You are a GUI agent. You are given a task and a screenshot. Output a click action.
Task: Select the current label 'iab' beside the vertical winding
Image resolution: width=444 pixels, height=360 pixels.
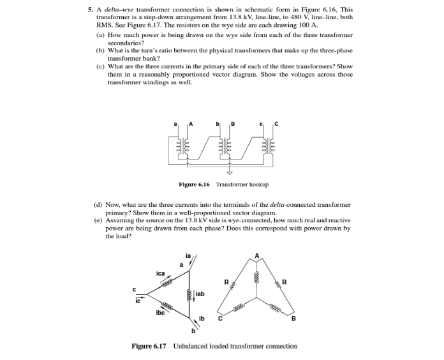[199, 295]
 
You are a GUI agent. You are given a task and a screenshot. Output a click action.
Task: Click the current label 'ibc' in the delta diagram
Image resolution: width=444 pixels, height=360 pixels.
[161, 313]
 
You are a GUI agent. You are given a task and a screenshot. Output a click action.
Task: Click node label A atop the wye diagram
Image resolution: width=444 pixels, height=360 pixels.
[257, 256]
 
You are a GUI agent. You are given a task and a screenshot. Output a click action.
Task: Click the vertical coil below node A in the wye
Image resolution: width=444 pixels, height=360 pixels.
[257, 278]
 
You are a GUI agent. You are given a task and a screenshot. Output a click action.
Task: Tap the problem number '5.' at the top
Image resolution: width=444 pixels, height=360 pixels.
[91, 10]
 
